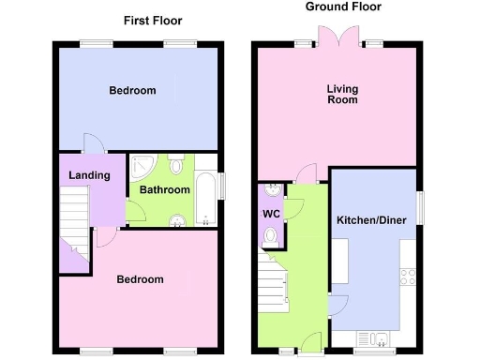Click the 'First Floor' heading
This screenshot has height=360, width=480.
tap(154, 21)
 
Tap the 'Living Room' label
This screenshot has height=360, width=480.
tap(342, 95)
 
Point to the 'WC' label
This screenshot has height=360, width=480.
tap(271, 214)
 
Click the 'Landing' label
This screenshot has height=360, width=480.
tap(90, 175)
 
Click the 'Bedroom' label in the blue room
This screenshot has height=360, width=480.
tap(132, 91)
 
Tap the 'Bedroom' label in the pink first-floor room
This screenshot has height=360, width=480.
tap(140, 279)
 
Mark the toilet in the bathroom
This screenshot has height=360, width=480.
tap(176, 165)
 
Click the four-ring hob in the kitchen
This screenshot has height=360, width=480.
tap(409, 276)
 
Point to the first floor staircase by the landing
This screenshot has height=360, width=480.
tap(74, 216)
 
